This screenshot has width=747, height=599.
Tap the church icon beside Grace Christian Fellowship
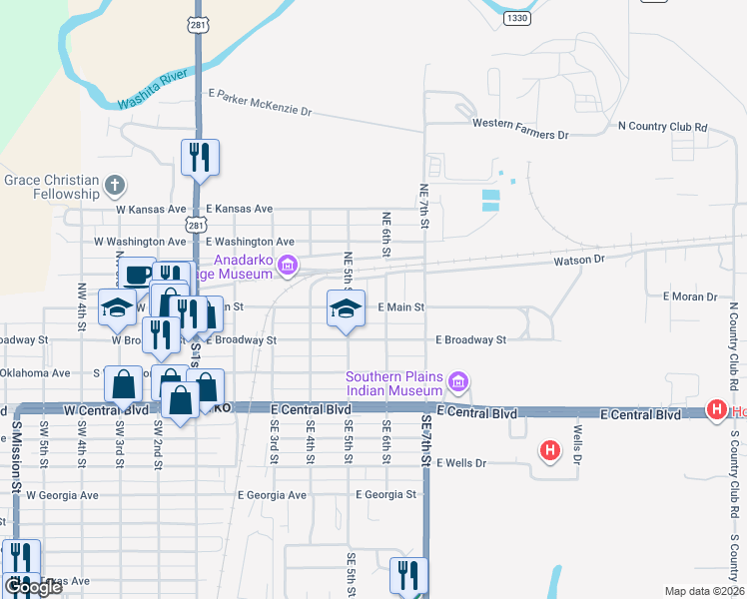(x=116, y=186)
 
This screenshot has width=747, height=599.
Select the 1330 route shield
(x=516, y=18)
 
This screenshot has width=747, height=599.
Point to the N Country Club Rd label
(x=663, y=127)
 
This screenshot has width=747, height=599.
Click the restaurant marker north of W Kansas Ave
(x=199, y=157)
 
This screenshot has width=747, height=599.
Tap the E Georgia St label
(x=385, y=494)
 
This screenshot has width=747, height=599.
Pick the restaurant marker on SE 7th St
(x=408, y=575)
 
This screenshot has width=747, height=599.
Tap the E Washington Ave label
(x=250, y=242)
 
